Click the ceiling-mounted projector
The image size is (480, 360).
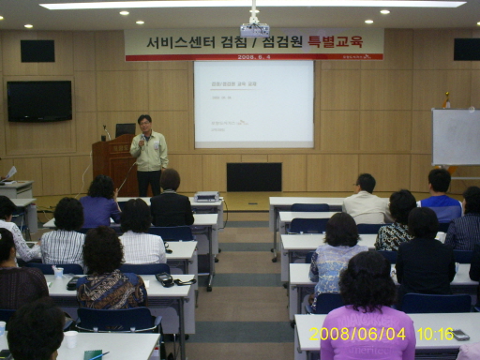(x=254, y=29)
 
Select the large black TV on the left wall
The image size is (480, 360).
(x=38, y=100)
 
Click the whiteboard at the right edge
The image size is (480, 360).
(x=456, y=137)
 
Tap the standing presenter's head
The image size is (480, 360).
(x=144, y=123)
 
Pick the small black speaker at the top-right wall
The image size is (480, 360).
(x=466, y=49)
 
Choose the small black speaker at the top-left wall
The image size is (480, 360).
(x=37, y=51)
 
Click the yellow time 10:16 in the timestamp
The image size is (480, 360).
(x=435, y=334)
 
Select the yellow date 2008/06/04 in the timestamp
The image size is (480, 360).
(x=358, y=334)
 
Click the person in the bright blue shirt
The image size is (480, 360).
(x=440, y=195)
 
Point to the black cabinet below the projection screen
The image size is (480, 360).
(x=253, y=176)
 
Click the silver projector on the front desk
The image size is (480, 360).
(x=206, y=197)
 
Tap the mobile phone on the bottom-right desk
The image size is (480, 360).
(x=460, y=335)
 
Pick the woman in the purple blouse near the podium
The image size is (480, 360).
(x=100, y=202)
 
